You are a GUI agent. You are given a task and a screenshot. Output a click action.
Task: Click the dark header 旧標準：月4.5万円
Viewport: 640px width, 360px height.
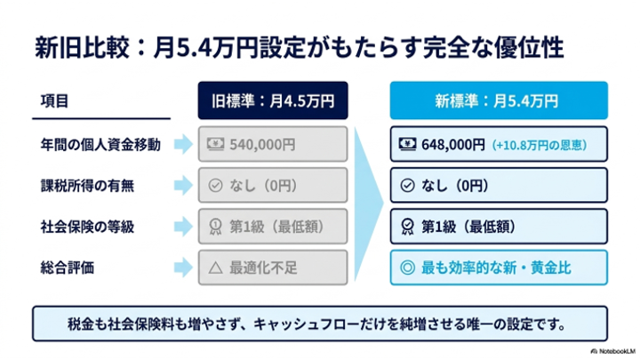click(273, 100)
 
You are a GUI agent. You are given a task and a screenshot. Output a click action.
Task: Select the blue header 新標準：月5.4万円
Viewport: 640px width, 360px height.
click(499, 100)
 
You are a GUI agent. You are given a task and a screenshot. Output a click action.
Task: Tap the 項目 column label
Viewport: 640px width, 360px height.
click(54, 100)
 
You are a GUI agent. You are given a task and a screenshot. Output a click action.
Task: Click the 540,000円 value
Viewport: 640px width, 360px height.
click(262, 145)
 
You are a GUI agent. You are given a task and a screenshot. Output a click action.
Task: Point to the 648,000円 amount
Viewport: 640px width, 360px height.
click(453, 145)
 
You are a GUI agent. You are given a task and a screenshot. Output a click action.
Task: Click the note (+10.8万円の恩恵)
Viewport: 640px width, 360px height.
click(540, 145)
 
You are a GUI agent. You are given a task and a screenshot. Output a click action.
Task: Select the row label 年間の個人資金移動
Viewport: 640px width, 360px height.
click(100, 145)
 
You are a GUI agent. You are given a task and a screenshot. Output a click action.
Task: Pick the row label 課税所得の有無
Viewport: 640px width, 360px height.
click(87, 186)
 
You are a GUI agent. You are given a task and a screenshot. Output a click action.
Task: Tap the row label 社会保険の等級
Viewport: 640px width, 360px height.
click(87, 227)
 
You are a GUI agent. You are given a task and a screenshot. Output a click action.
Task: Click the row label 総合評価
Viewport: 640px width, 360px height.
click(68, 268)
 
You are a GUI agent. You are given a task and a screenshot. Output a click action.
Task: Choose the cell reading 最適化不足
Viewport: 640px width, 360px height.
click(273, 268)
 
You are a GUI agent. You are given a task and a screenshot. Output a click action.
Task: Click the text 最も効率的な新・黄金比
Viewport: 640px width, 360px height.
click(496, 268)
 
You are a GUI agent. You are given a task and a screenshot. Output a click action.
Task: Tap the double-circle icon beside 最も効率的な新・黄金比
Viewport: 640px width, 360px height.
click(407, 268)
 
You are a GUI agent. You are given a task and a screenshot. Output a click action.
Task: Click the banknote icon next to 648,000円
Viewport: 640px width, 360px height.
click(407, 144)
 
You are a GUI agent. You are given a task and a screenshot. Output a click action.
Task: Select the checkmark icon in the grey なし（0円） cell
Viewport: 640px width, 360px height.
click(215, 186)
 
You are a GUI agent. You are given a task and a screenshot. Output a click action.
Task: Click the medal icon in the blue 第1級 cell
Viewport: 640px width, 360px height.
click(407, 227)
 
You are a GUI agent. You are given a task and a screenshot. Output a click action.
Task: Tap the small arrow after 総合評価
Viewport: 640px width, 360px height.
click(183, 268)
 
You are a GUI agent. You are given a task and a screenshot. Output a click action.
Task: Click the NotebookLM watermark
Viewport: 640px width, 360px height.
click(613, 351)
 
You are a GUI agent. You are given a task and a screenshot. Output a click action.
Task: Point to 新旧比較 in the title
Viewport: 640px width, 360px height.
click(82, 48)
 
